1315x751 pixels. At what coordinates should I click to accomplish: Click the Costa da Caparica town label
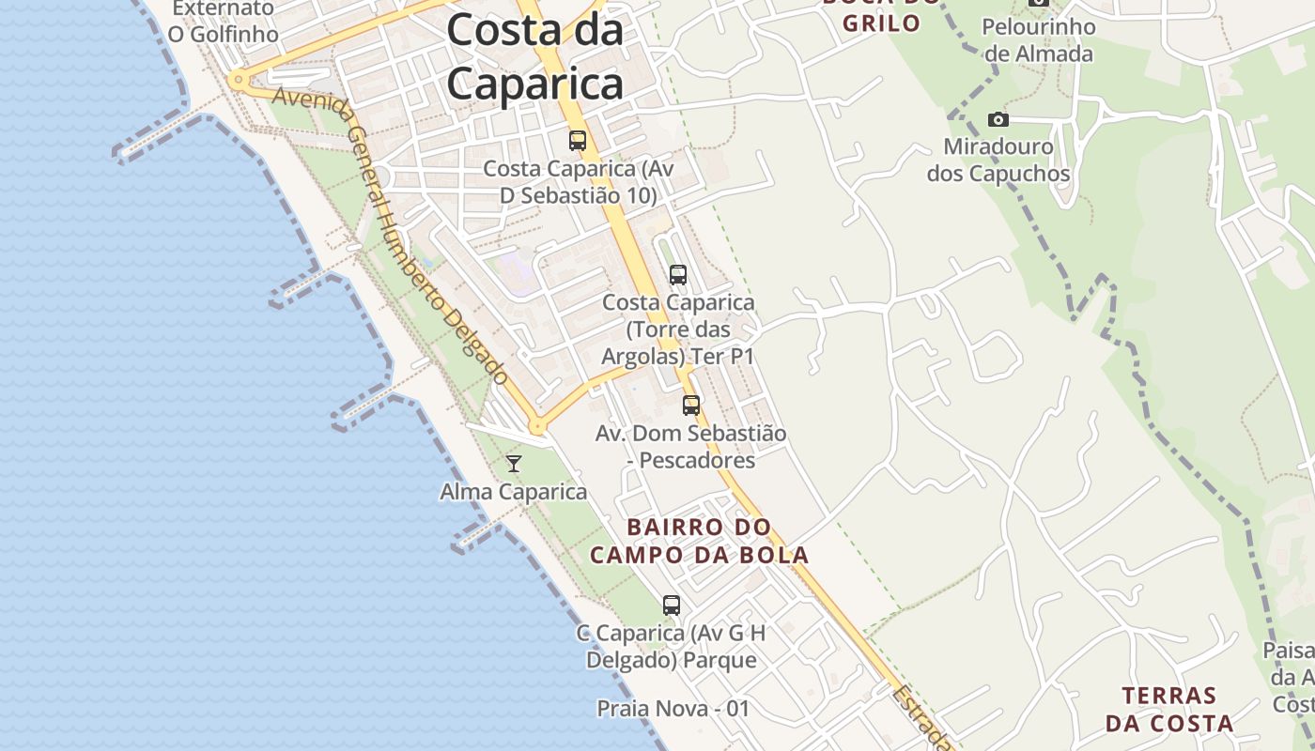tap(534, 56)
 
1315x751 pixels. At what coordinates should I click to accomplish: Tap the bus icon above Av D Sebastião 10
tap(578, 141)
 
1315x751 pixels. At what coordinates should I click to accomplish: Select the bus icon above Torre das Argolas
tap(677, 275)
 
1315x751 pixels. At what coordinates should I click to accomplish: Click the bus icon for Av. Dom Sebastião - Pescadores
tap(691, 406)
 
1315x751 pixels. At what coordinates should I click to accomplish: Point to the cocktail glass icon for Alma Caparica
tap(514, 464)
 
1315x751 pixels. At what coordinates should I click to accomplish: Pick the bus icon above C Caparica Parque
tap(671, 605)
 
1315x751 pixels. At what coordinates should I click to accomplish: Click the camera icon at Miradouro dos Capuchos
tap(998, 119)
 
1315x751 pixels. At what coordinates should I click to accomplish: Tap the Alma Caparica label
tap(513, 492)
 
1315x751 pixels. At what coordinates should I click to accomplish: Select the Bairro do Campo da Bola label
tap(699, 541)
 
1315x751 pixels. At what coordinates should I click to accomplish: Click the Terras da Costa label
tap(1168, 710)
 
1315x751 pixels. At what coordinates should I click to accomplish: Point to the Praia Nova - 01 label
tap(673, 709)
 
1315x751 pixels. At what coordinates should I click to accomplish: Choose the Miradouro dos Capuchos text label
tap(998, 161)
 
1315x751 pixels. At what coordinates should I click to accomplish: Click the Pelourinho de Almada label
tap(1038, 40)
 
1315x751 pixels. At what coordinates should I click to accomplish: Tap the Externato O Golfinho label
tap(224, 22)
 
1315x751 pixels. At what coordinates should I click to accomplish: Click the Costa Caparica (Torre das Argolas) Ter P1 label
tap(677, 330)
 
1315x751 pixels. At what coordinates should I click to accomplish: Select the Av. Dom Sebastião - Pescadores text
tap(690, 447)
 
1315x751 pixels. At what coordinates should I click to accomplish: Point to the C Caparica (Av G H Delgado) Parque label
tap(671, 647)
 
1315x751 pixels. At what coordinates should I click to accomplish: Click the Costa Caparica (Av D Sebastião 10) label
tap(578, 182)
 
